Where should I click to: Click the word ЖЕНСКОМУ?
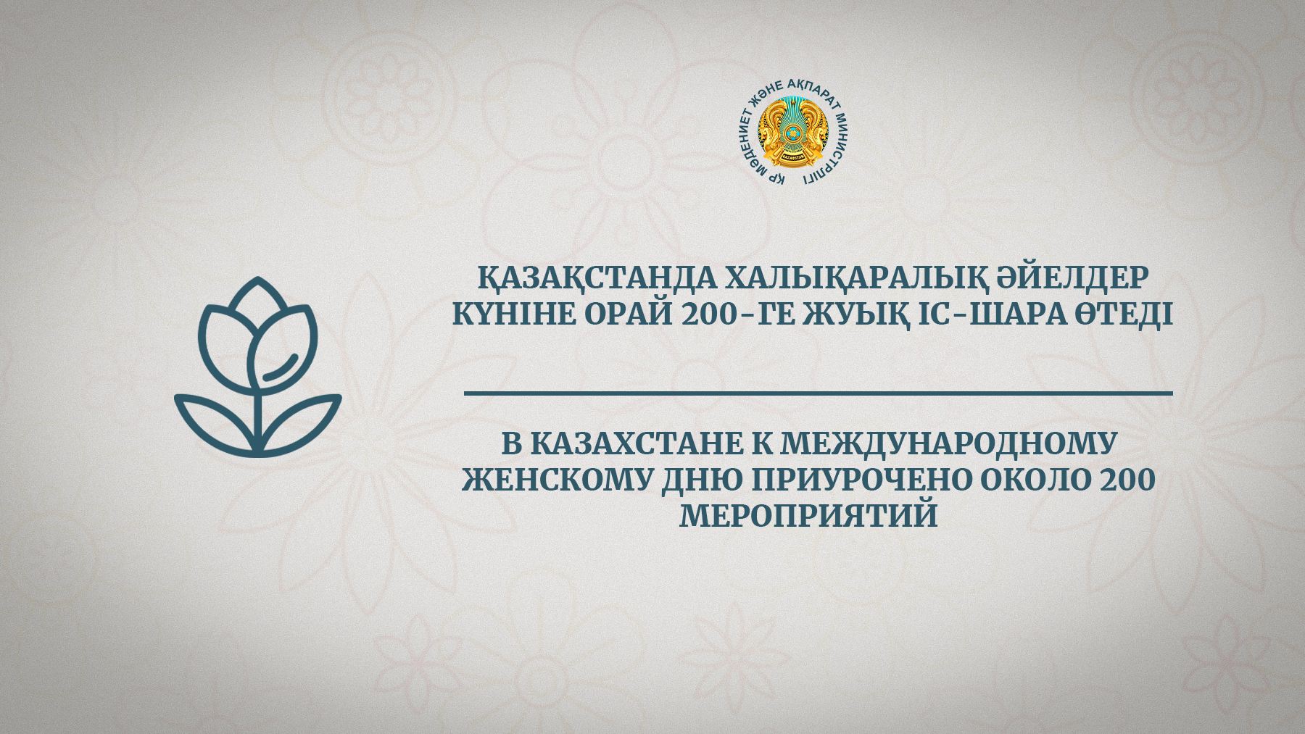pyautogui.click(x=555, y=480)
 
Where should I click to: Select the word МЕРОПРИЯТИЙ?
pyautogui.click(x=808, y=516)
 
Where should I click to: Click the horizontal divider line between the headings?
pyautogui.click(x=819, y=393)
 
